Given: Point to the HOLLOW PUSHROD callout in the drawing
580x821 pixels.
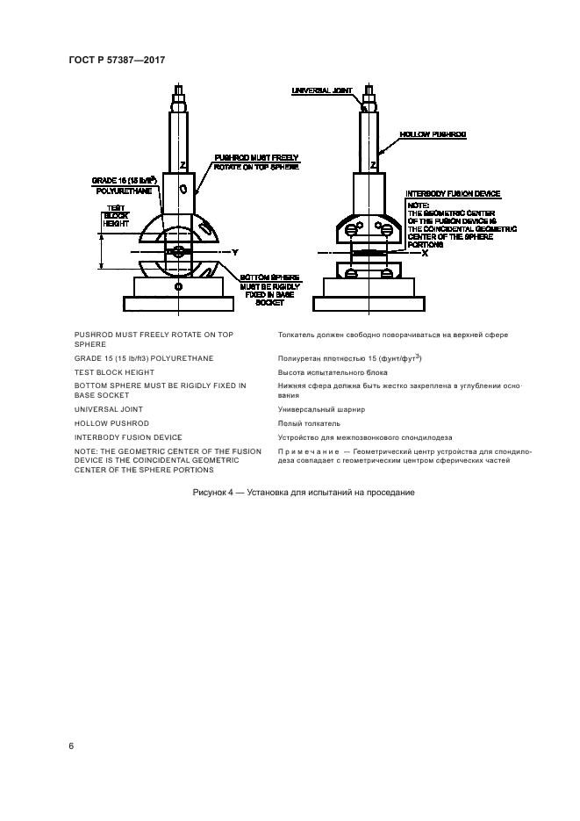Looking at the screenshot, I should (x=433, y=134).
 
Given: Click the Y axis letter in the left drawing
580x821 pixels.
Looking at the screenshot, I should (x=235, y=252).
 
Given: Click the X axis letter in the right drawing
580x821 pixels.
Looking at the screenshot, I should (x=425, y=252).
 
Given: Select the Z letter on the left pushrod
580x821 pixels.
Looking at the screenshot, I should (x=181, y=164).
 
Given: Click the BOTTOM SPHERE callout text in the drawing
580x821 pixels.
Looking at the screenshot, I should (x=267, y=277).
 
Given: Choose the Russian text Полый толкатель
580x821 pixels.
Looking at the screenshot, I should (x=307, y=423).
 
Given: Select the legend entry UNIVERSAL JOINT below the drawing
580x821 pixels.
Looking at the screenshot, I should (x=108, y=409).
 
